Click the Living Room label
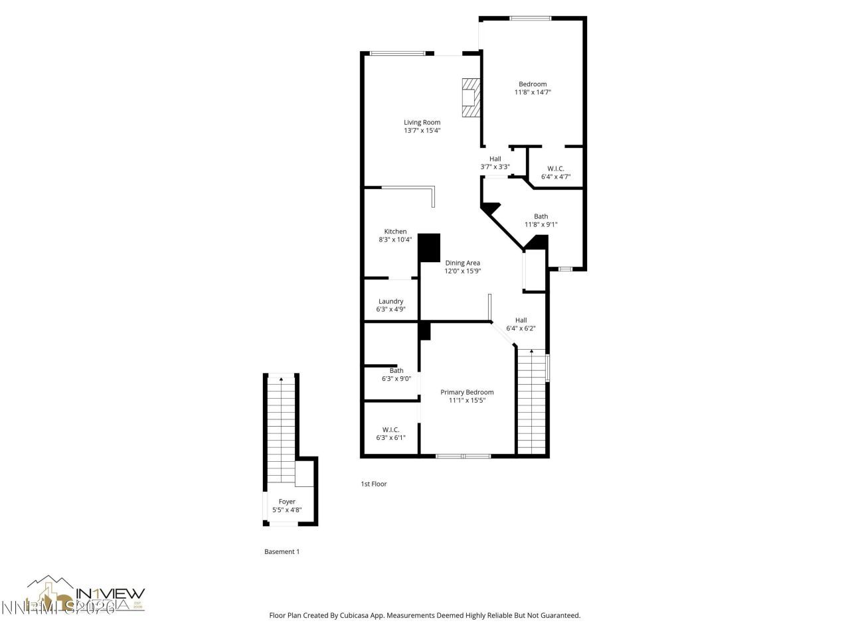[422, 122]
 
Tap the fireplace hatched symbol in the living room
[471, 98]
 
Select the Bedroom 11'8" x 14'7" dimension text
[533, 92]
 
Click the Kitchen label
[395, 232]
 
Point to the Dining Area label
[462, 263]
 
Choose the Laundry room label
[390, 301]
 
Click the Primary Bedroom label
[467, 392]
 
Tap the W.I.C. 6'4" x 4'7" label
[555, 173]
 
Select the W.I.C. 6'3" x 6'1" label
[390, 433]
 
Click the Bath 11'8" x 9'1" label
[541, 220]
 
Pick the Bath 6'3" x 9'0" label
[396, 375]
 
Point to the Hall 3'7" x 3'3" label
[495, 163]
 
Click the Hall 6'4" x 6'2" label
[521, 324]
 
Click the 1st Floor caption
[373, 484]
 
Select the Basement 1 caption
[282, 551]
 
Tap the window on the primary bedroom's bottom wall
[463, 456]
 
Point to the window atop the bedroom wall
[530, 18]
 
